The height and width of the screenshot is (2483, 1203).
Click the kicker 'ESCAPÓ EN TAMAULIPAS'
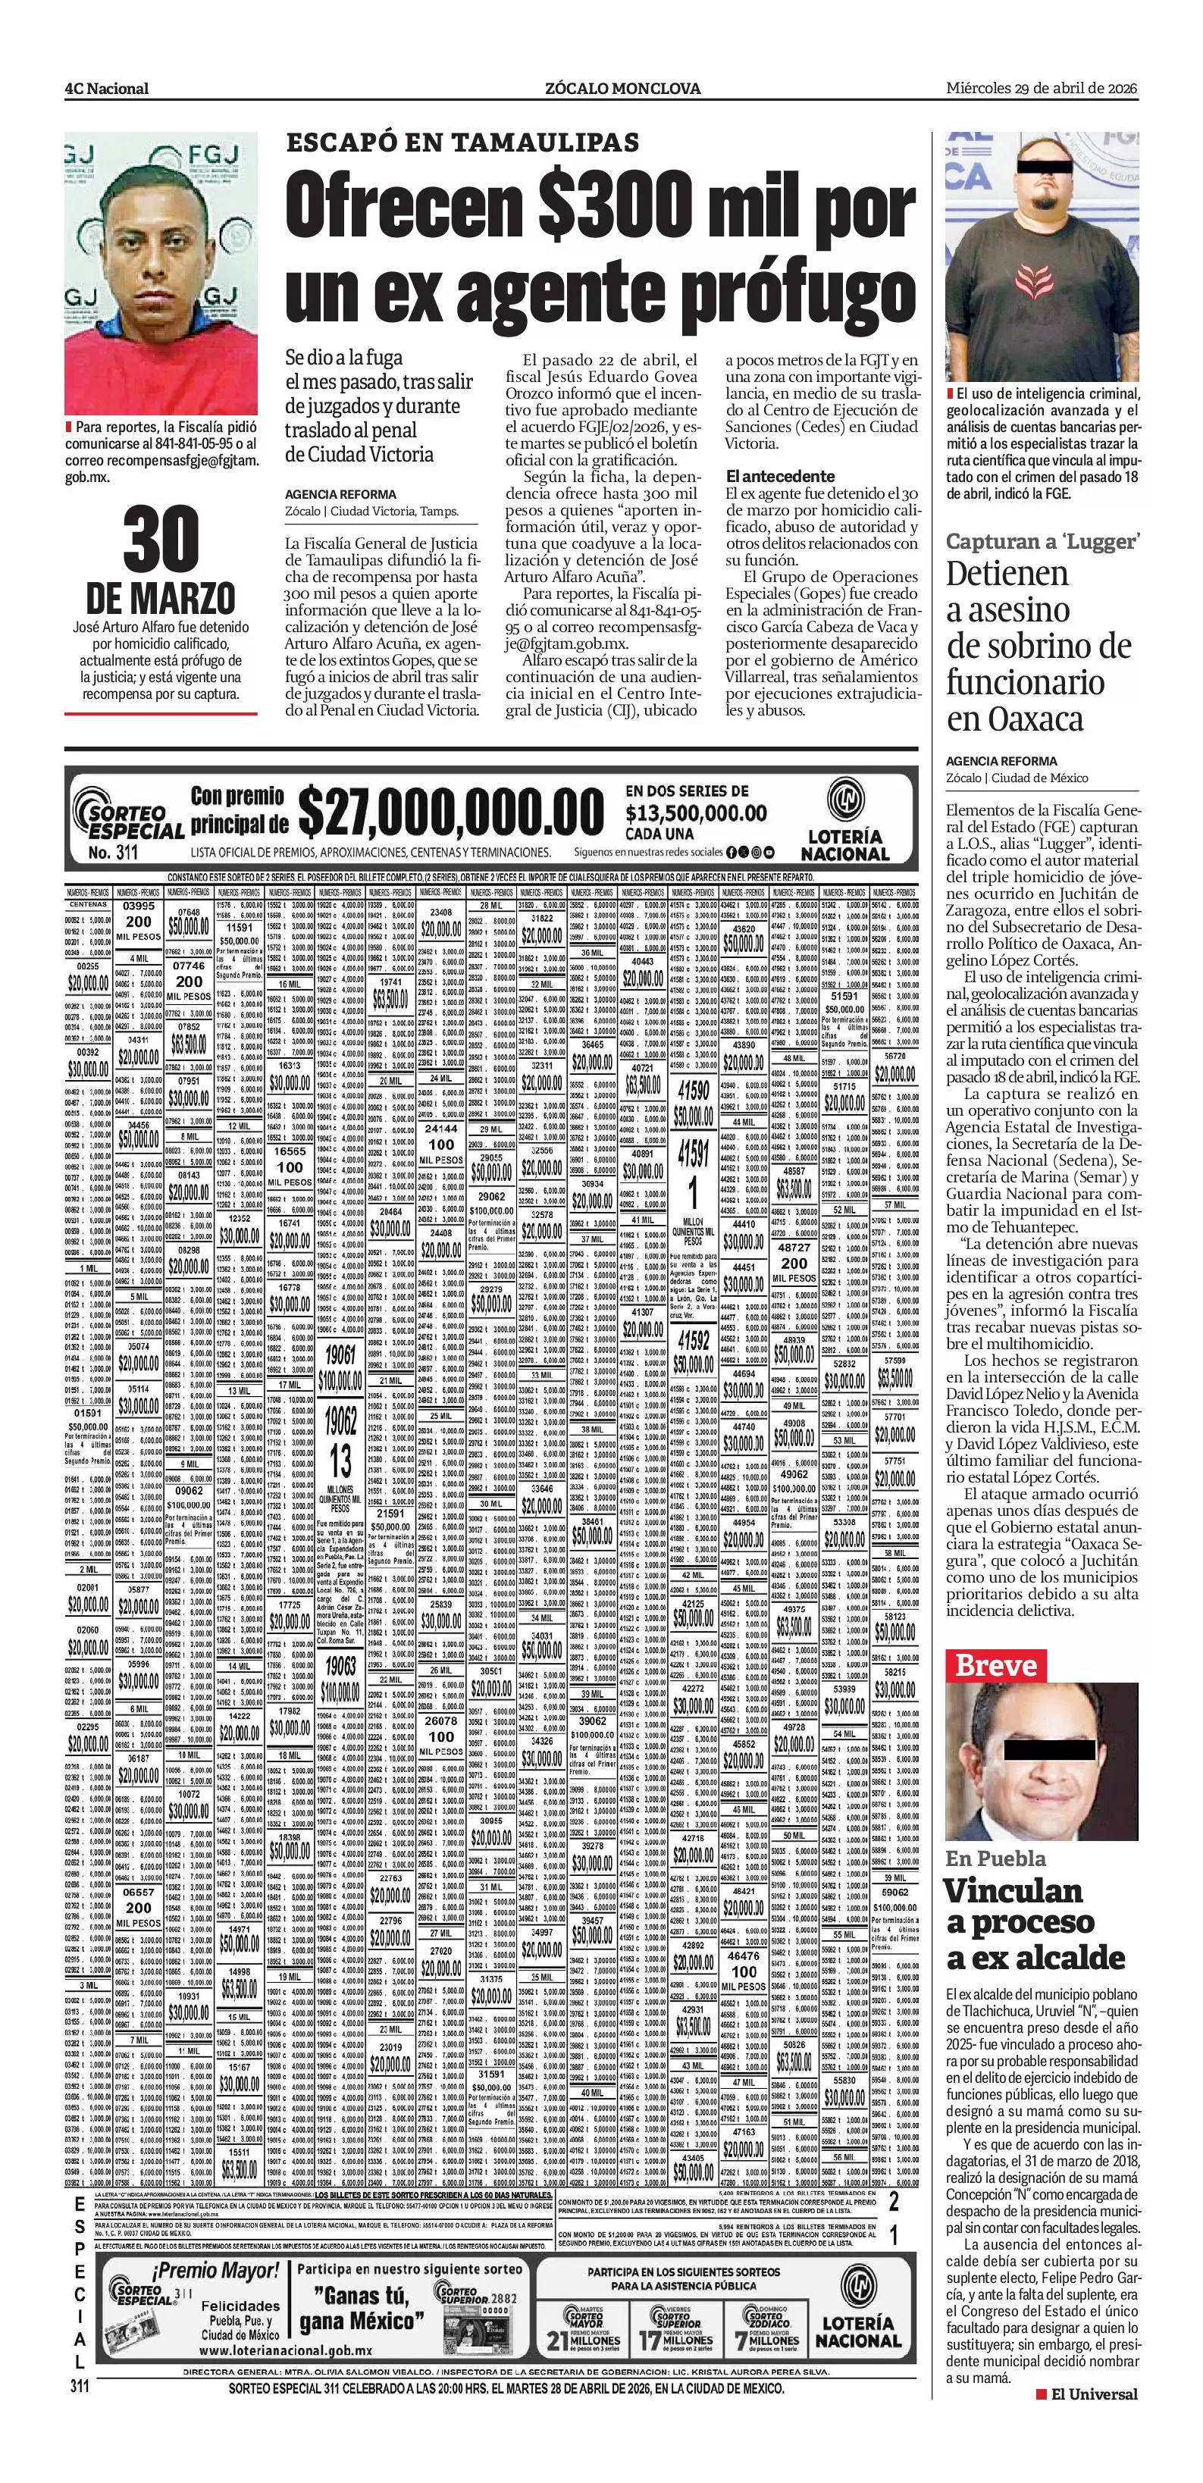click(462, 142)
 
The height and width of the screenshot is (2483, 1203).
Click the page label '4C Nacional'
click(107, 89)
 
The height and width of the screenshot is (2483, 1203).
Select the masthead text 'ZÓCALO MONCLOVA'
click(622, 89)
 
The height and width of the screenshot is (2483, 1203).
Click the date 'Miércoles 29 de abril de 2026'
click(1041, 88)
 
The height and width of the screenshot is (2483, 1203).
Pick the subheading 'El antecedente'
click(780, 476)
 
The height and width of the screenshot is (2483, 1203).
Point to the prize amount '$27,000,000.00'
click(450, 813)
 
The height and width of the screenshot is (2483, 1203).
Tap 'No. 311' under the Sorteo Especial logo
click(113, 853)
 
